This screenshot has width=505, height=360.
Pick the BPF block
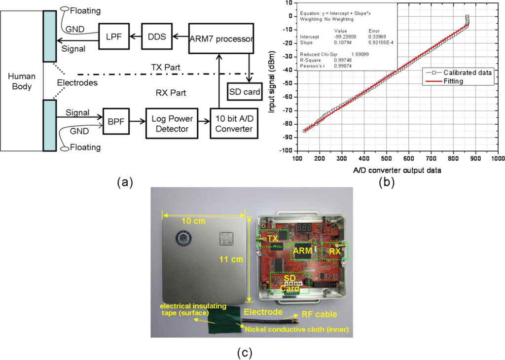click(113, 121)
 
